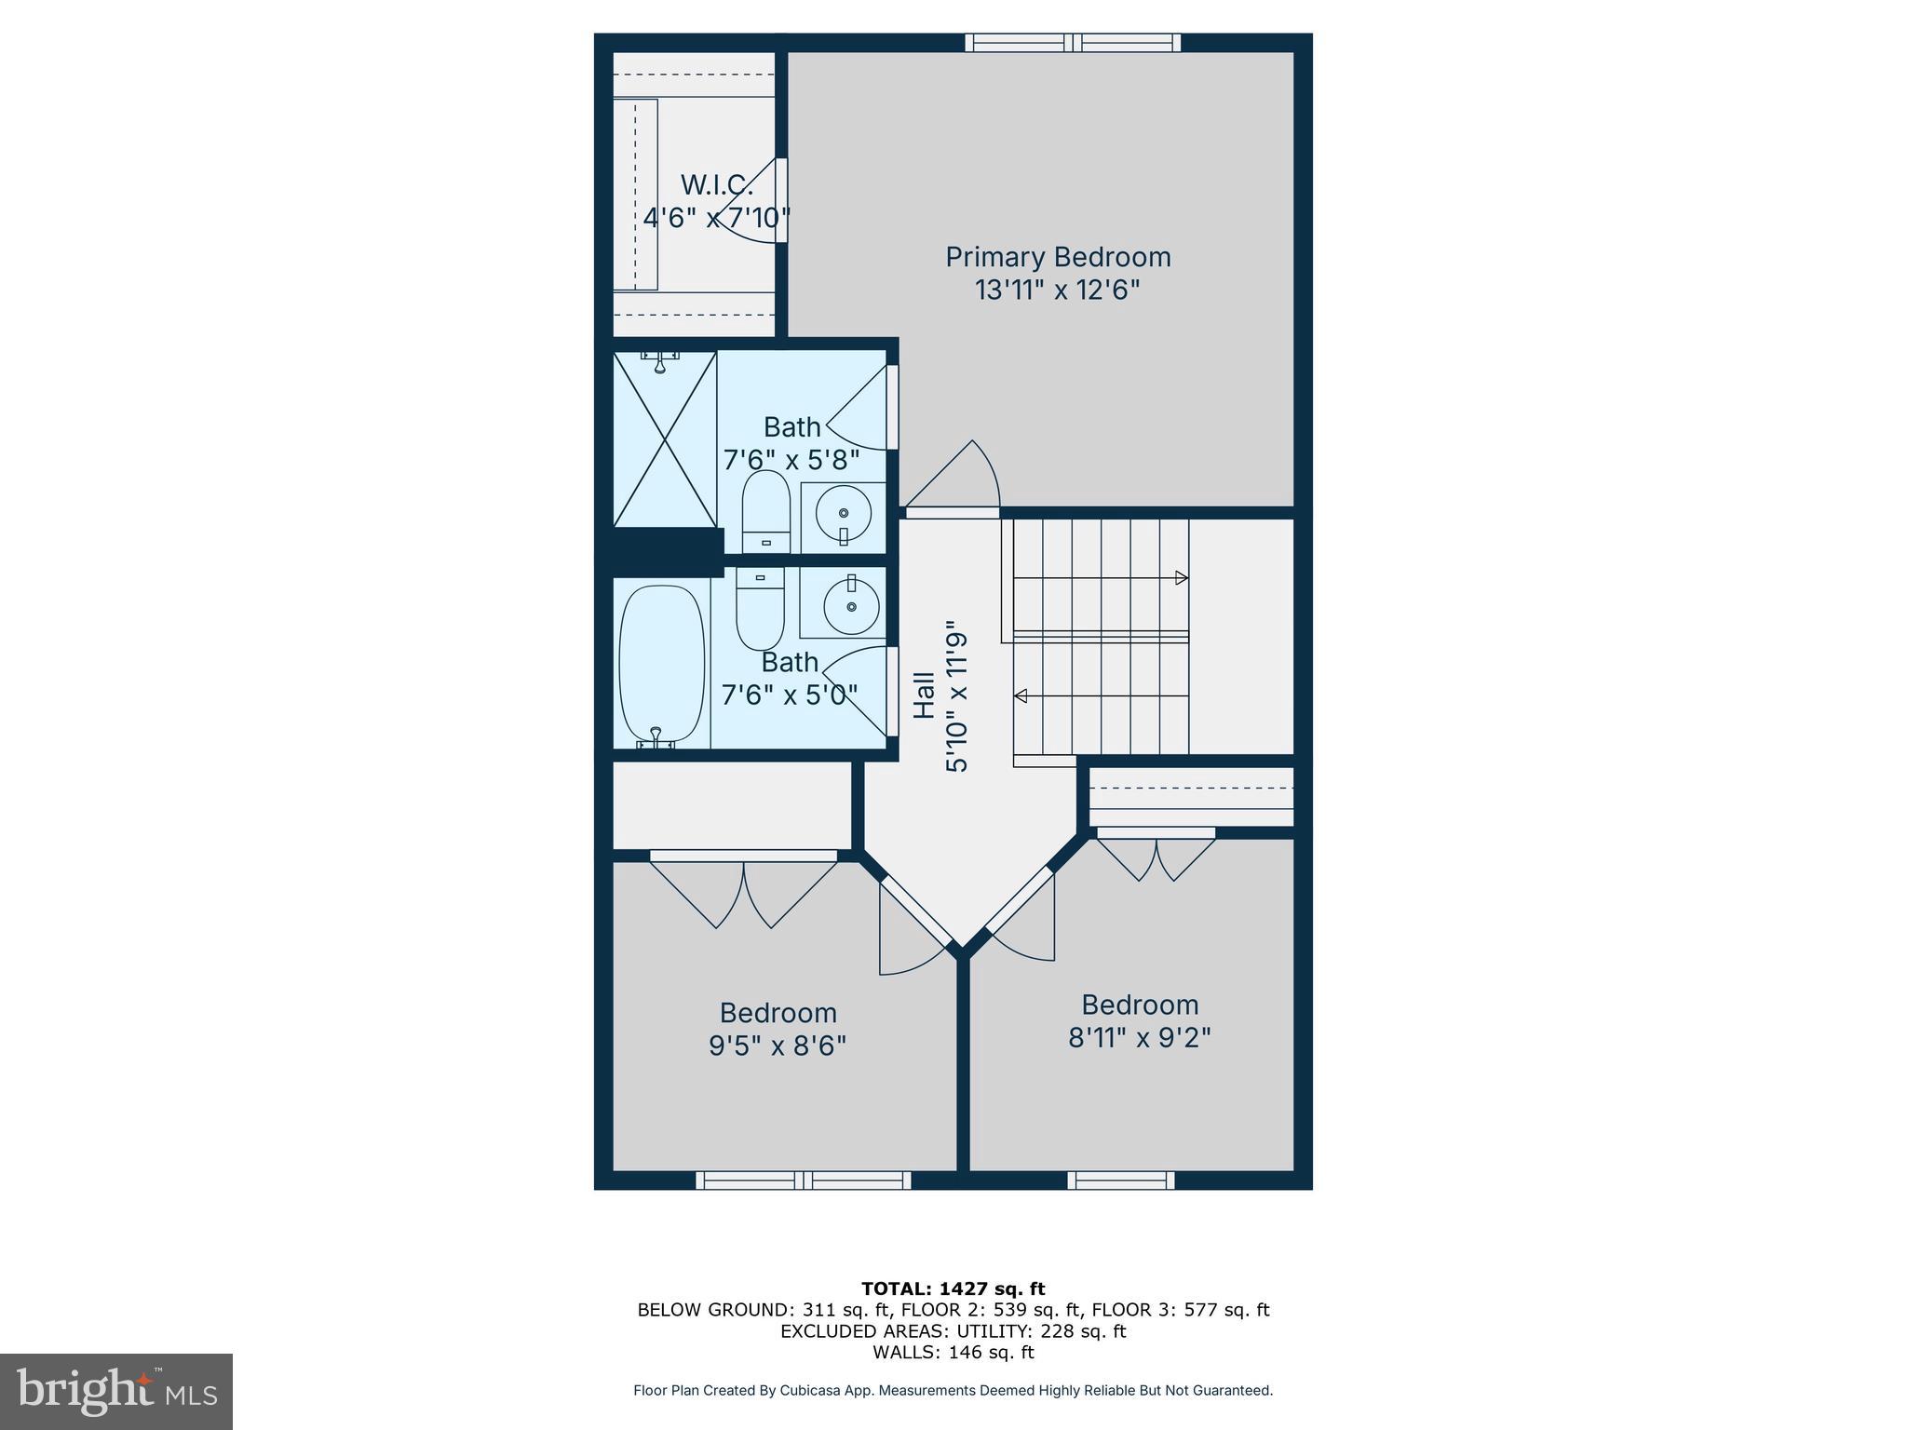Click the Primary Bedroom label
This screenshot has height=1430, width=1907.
coord(1058,257)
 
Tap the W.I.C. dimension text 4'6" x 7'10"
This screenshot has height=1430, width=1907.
coord(716,218)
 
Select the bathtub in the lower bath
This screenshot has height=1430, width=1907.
coord(661,663)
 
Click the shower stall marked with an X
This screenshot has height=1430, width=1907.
coord(665,439)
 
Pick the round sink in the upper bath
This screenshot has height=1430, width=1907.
coord(843,513)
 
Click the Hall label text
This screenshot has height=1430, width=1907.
coord(924,695)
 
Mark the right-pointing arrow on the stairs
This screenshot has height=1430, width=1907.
coord(1181,578)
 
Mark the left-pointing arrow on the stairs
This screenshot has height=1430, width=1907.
coord(1021,695)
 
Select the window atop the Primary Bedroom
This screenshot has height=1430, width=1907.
coord(1073,42)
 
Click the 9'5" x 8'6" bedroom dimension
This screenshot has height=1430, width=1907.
coord(778,1046)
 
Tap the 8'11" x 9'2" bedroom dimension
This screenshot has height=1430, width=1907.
coord(1139,1037)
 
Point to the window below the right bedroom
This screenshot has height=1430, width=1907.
coord(1120,1180)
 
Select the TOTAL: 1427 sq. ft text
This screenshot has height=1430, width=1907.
coord(953,1288)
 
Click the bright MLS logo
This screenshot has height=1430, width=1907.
coord(115,1391)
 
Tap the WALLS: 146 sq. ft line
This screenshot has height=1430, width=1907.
coord(953,1352)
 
